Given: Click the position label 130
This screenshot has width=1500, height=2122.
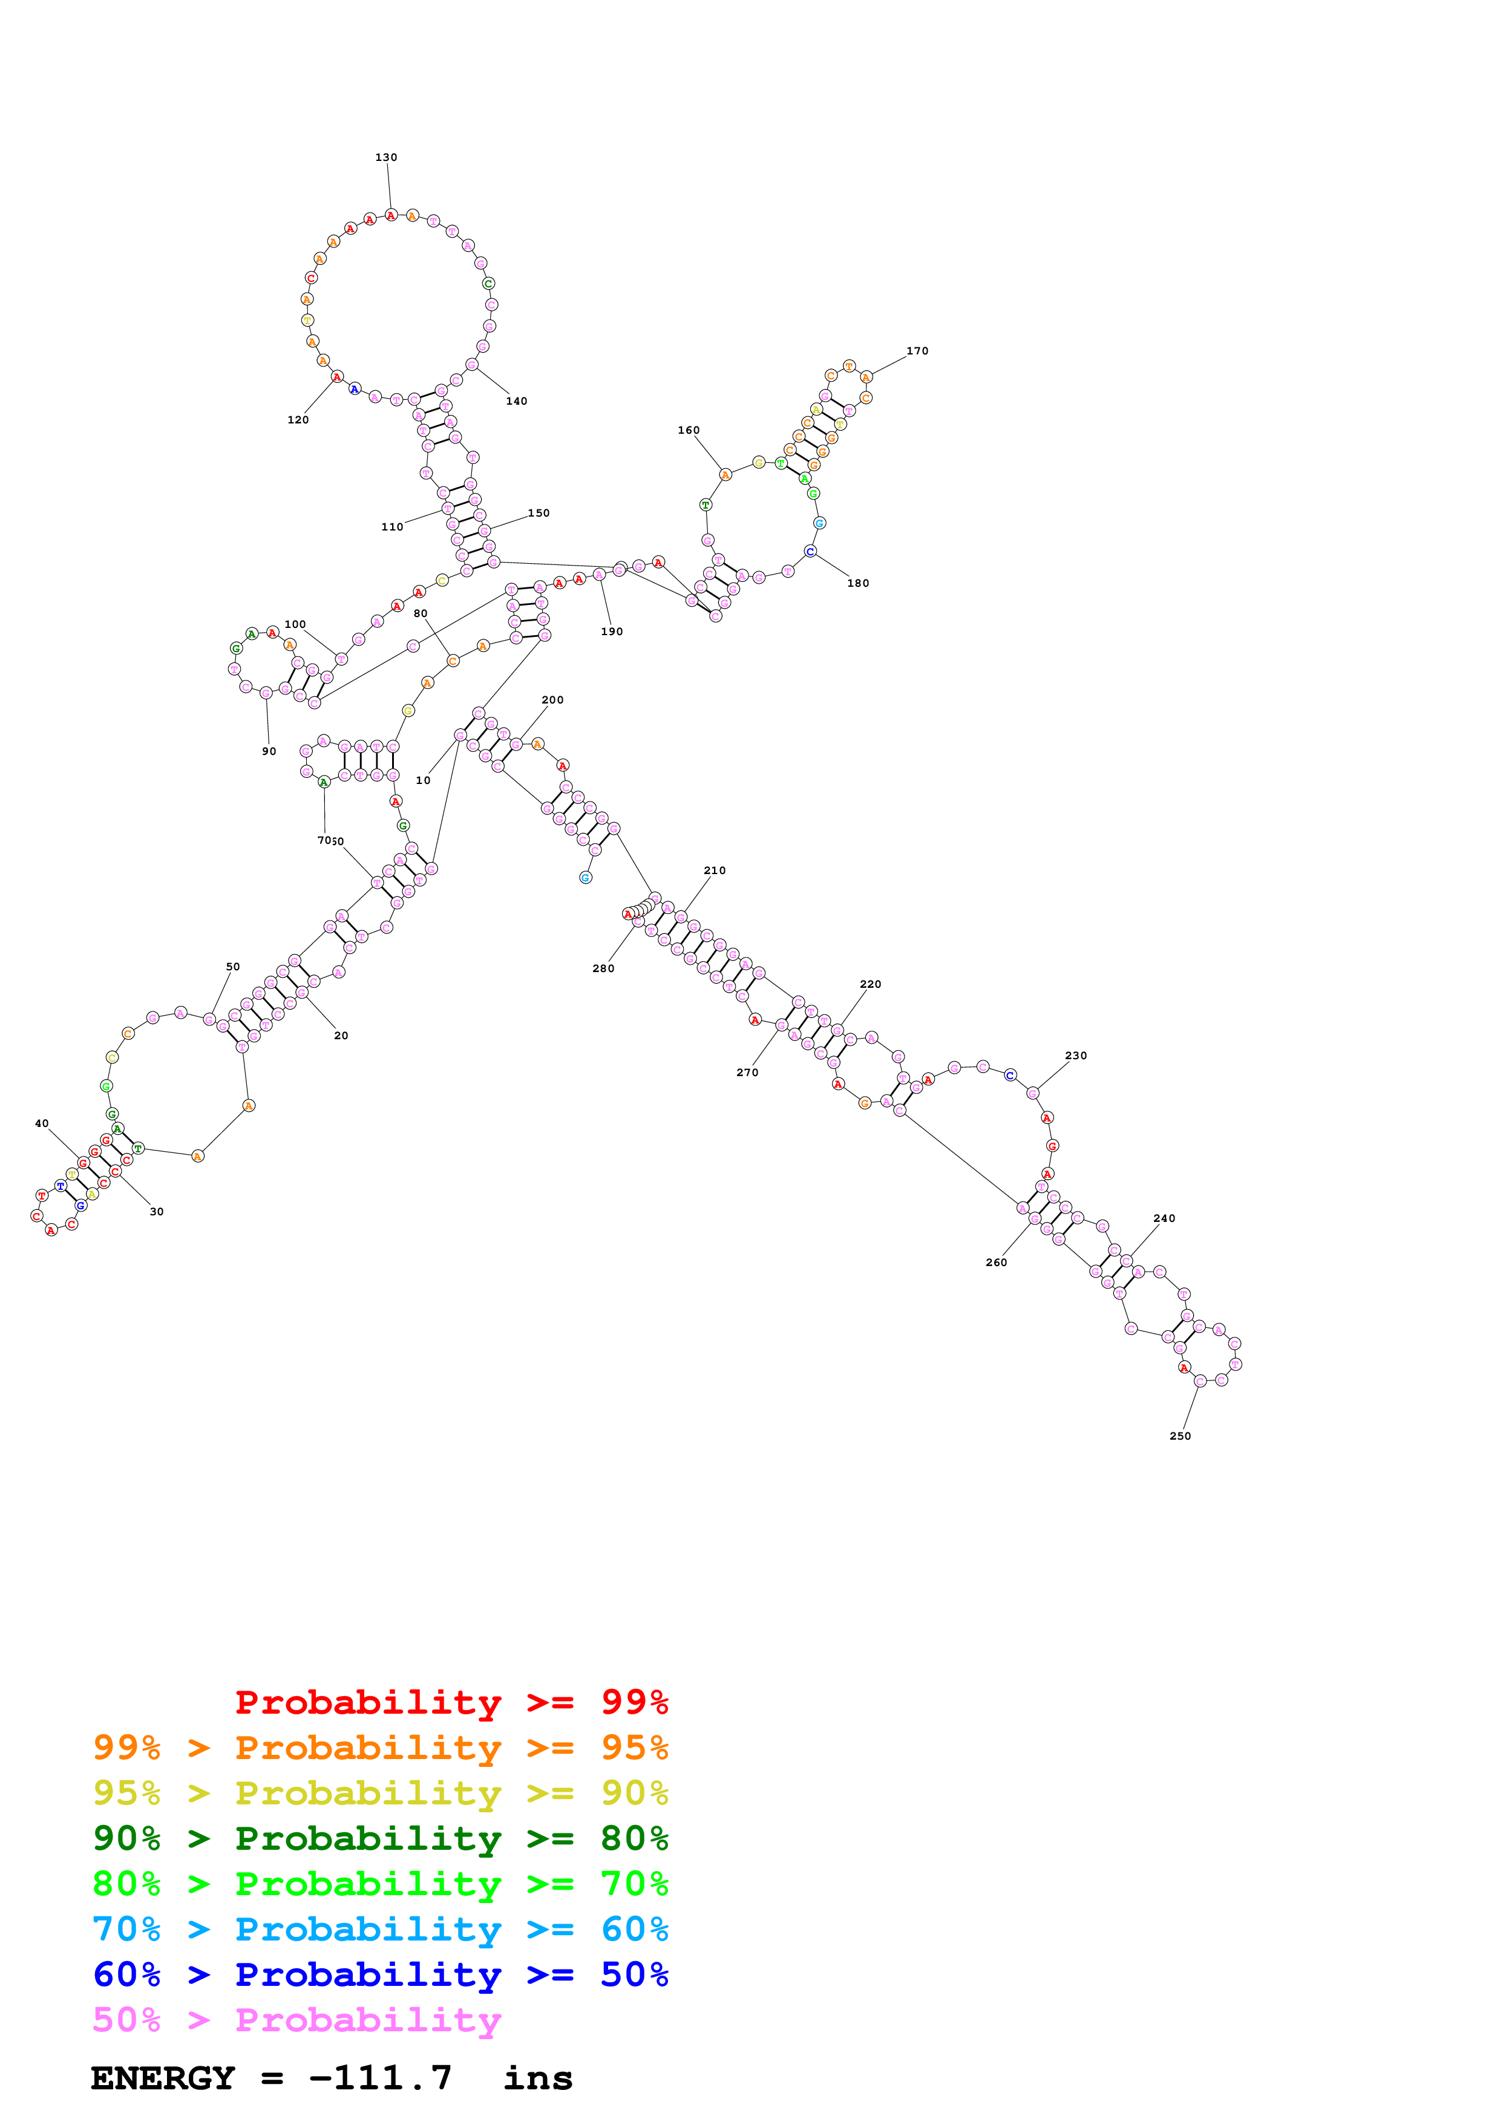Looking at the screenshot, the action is (x=385, y=157).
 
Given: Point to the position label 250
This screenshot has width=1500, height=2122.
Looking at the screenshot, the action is (x=1181, y=1435).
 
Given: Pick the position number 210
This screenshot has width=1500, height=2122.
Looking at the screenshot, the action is (x=715, y=870).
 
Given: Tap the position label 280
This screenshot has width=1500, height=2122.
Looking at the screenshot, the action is (x=603, y=968).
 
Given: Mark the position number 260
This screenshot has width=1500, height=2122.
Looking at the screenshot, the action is (x=997, y=1262).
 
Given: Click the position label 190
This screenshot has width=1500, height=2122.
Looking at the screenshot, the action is (x=612, y=632).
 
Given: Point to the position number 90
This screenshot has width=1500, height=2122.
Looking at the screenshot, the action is (x=269, y=751).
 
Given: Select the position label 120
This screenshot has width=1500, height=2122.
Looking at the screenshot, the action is (x=298, y=420).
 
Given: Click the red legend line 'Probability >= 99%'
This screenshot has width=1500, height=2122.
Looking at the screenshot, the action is (x=451, y=1702).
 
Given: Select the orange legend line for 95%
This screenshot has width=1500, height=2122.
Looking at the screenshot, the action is (x=380, y=1747).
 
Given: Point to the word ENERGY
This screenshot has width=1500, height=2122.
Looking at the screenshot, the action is (x=163, y=2078).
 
